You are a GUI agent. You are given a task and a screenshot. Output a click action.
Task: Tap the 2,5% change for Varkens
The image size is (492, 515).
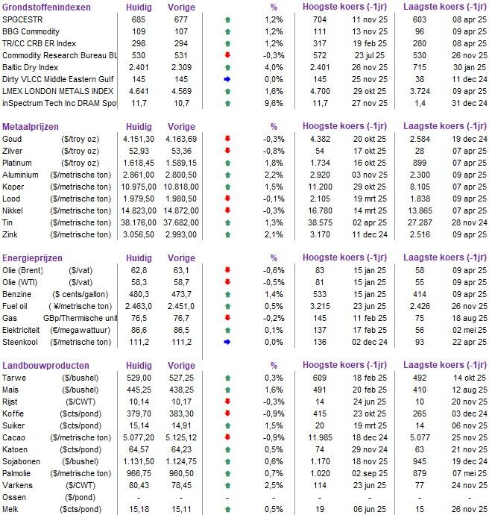pos(274,486)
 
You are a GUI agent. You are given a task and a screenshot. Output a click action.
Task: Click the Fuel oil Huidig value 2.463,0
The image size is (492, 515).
pos(139,305)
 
